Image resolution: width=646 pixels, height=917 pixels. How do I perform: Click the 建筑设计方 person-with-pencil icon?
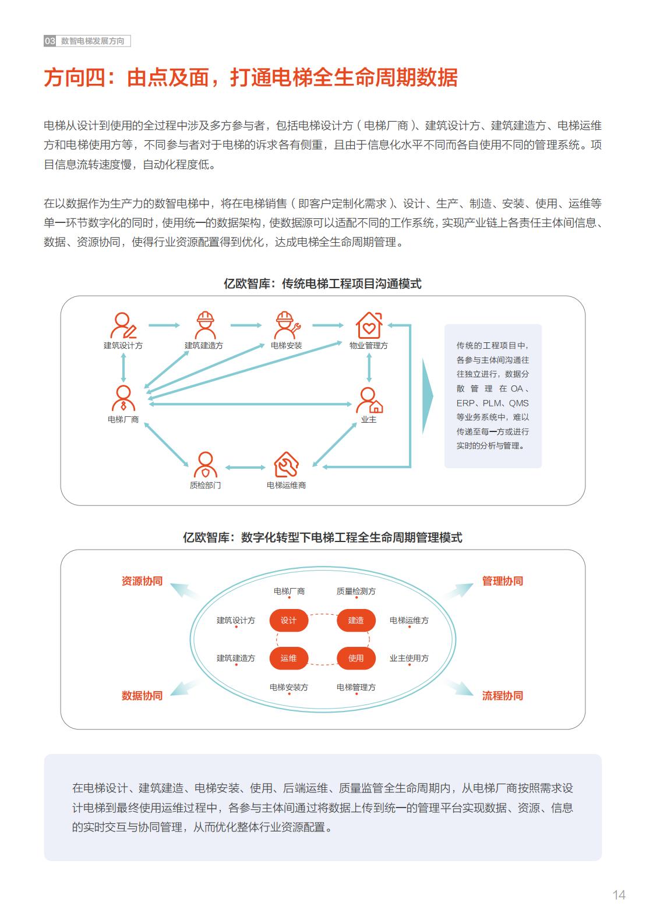tap(123, 325)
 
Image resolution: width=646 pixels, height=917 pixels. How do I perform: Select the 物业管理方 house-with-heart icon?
tap(369, 325)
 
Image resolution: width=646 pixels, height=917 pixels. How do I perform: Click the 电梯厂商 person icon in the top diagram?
tap(123, 398)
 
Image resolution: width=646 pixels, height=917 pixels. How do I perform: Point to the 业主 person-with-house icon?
tap(369, 400)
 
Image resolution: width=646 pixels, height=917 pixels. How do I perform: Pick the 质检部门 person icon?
tap(205, 465)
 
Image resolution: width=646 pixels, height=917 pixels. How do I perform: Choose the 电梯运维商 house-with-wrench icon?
tap(287, 465)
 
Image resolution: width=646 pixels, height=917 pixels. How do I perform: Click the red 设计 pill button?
tap(288, 620)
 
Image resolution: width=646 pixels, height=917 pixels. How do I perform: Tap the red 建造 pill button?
tap(355, 620)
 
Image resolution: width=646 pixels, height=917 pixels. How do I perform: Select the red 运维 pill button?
tap(288, 658)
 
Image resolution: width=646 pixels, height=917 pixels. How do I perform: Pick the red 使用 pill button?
tap(355, 658)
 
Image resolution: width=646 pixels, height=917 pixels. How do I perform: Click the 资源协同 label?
tap(142, 581)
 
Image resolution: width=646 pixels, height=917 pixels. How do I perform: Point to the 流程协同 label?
tap(503, 696)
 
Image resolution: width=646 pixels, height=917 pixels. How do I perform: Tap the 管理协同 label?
tap(503, 581)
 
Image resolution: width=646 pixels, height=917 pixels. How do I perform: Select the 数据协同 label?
tap(142, 696)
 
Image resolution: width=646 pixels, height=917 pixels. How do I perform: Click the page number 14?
tap(619, 895)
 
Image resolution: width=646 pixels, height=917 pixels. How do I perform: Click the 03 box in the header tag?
tap(50, 41)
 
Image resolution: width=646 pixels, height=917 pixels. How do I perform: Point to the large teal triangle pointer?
tap(428, 396)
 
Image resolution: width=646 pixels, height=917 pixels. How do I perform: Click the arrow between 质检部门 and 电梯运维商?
tap(245, 468)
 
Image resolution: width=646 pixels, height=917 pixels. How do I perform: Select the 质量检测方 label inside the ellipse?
tap(355, 591)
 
